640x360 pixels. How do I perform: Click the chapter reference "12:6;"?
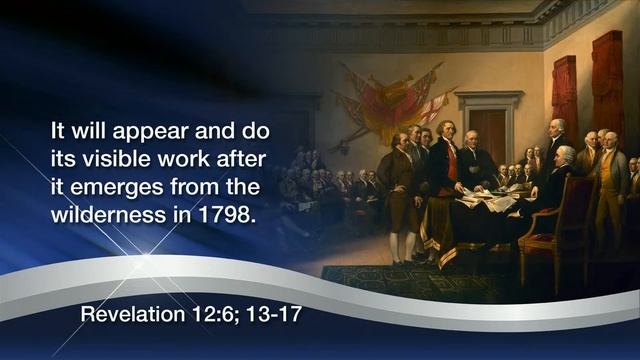pos(211,314)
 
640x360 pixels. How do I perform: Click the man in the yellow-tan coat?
pos(609,185)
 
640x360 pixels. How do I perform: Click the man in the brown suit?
pos(398,185)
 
